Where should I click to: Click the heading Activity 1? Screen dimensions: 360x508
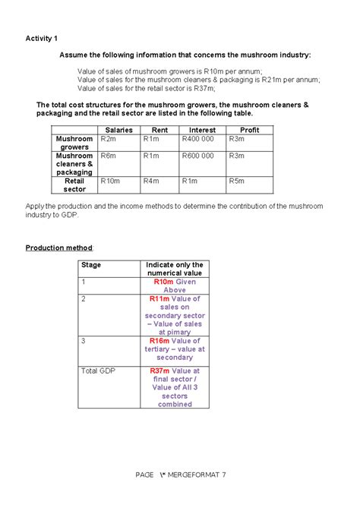point(41,38)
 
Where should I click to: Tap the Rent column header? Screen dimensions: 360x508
point(159,131)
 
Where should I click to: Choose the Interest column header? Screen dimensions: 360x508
point(202,131)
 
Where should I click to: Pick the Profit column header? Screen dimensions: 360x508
point(249,131)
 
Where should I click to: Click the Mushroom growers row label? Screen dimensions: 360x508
point(74,144)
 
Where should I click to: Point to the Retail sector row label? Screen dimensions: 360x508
point(74,185)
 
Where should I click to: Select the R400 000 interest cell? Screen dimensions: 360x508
point(198,140)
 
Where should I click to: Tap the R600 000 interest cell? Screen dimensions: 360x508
point(198,156)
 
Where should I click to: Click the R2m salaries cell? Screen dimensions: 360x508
point(108,140)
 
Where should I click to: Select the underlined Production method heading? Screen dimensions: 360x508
point(59,248)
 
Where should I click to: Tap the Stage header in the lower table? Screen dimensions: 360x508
point(91,265)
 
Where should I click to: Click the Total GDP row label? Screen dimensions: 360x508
point(98,371)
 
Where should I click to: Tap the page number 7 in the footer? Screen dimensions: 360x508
point(223,475)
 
